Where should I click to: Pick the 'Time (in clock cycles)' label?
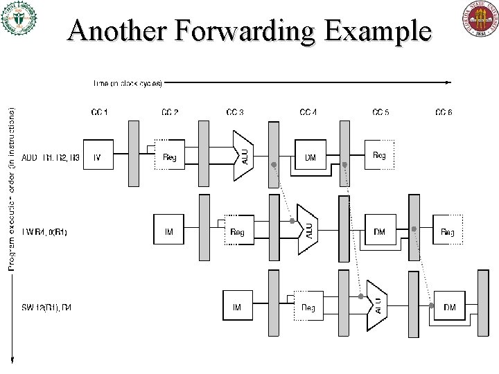click(x=128, y=83)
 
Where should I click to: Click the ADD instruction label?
click(x=52, y=158)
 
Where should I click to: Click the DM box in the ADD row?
click(x=310, y=158)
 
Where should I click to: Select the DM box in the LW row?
click(x=379, y=232)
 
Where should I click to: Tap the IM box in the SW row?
click(x=237, y=307)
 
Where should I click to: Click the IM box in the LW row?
click(x=168, y=232)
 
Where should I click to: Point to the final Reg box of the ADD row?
click(x=379, y=157)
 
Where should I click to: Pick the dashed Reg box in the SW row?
click(x=308, y=307)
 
